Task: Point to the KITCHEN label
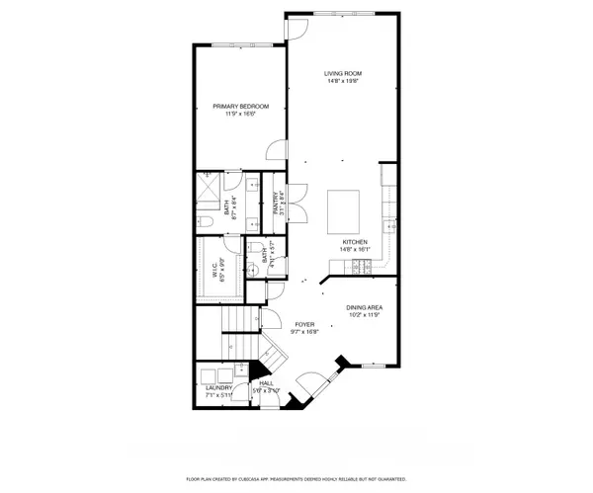(355, 242)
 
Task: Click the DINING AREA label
(364, 307)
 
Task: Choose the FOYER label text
(304, 324)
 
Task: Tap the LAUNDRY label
(218, 388)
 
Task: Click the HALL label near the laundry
(266, 383)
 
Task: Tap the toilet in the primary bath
(201, 220)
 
